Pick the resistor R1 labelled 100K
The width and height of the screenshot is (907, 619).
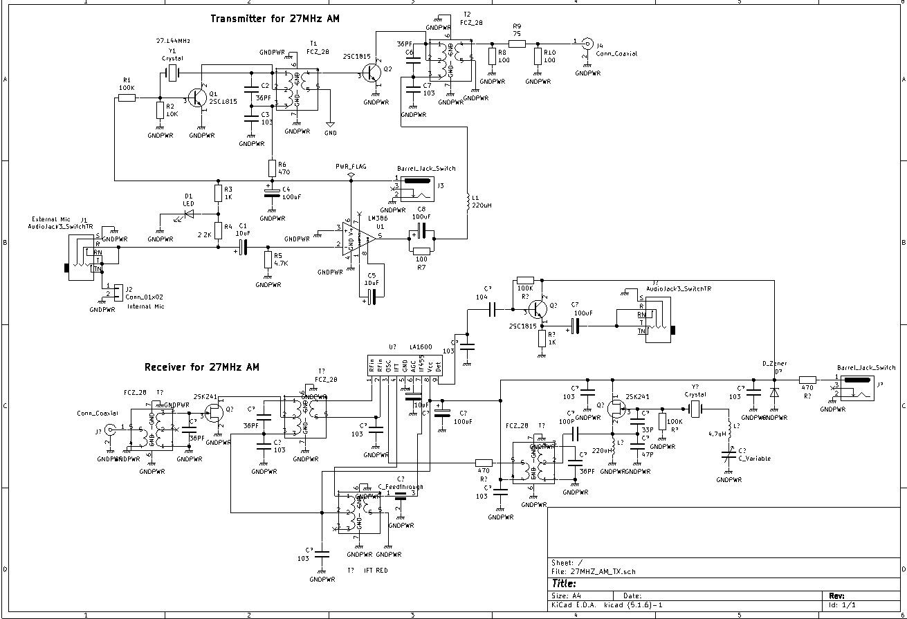click(x=127, y=98)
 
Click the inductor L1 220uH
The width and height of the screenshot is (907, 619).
click(x=468, y=198)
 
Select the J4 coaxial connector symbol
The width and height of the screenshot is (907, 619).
click(x=587, y=44)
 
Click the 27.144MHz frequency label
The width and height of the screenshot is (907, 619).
click(x=173, y=41)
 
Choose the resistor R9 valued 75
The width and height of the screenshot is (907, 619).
click(x=517, y=43)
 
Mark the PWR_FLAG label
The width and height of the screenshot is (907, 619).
click(x=351, y=167)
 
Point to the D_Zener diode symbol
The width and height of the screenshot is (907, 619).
click(x=774, y=392)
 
